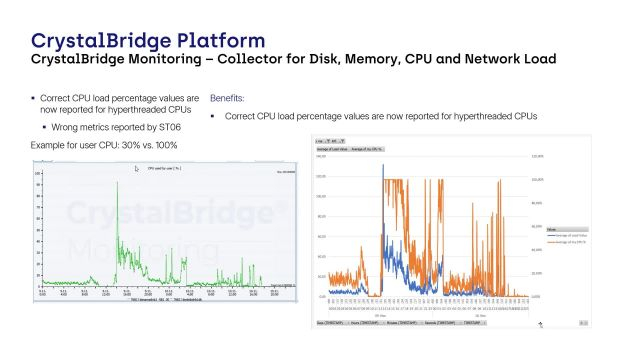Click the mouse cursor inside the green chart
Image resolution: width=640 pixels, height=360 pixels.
[138, 170]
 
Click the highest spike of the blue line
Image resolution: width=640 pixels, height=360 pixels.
[383, 165]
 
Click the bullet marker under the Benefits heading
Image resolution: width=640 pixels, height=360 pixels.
[213, 117]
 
